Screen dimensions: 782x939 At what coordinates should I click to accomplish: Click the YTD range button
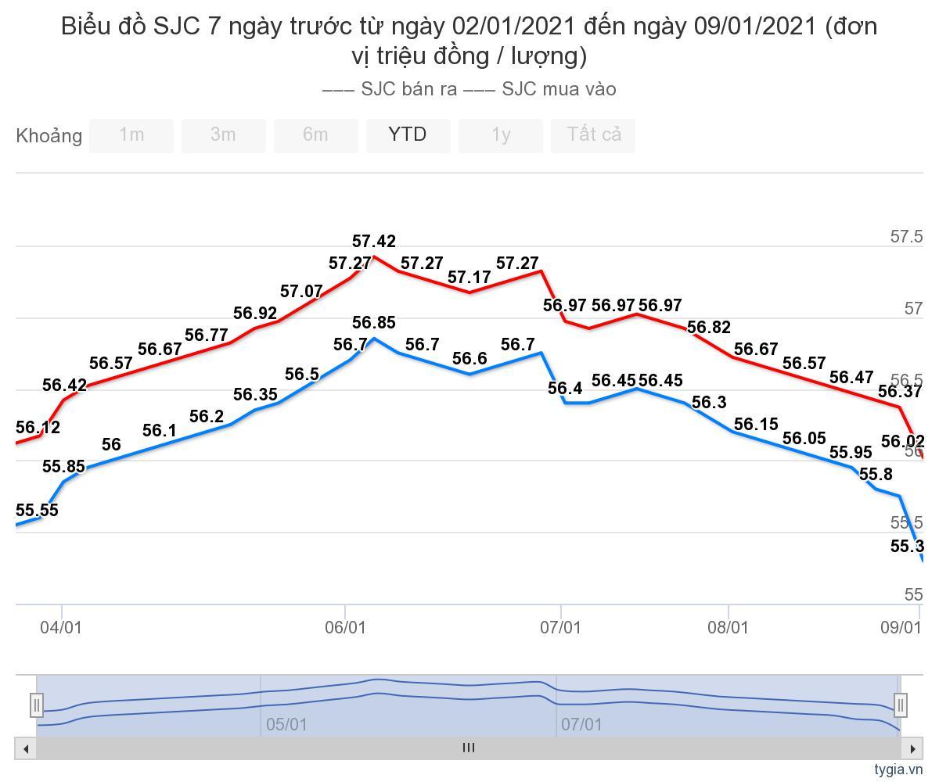pyautogui.click(x=408, y=135)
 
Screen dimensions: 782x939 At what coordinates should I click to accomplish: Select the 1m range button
pyautogui.click(x=131, y=135)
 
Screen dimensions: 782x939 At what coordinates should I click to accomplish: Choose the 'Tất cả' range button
pyautogui.click(x=594, y=135)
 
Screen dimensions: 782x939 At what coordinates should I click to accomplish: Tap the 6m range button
pyautogui.click(x=315, y=135)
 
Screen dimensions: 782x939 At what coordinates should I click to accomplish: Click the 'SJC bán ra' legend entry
pyautogui.click(x=391, y=89)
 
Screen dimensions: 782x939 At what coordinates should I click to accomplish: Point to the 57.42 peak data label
pyautogui.click(x=374, y=242)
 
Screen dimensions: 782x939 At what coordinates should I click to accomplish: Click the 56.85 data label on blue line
pyautogui.click(x=374, y=323)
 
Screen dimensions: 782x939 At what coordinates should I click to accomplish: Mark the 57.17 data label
pyautogui.click(x=469, y=278)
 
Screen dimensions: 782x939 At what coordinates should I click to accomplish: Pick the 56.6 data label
pyautogui.click(x=469, y=359)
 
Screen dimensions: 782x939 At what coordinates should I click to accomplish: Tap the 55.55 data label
pyautogui.click(x=38, y=511)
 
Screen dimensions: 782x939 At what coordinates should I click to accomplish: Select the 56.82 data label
pyautogui.click(x=709, y=328)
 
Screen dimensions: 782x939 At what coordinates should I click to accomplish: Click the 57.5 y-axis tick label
pyautogui.click(x=907, y=237)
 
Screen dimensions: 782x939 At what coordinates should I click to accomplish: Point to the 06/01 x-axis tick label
pyautogui.click(x=345, y=627)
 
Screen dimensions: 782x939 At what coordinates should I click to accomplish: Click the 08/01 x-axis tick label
pyautogui.click(x=729, y=627)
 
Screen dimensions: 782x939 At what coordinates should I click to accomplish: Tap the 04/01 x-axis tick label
pyautogui.click(x=61, y=627)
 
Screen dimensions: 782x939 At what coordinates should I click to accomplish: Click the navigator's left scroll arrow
pyautogui.click(x=26, y=748)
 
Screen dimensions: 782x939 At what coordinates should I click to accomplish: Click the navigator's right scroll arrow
pyautogui.click(x=912, y=748)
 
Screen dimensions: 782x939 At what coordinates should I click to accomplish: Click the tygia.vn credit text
pyautogui.click(x=898, y=769)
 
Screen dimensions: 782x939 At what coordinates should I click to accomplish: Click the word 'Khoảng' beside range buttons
pyautogui.click(x=49, y=136)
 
